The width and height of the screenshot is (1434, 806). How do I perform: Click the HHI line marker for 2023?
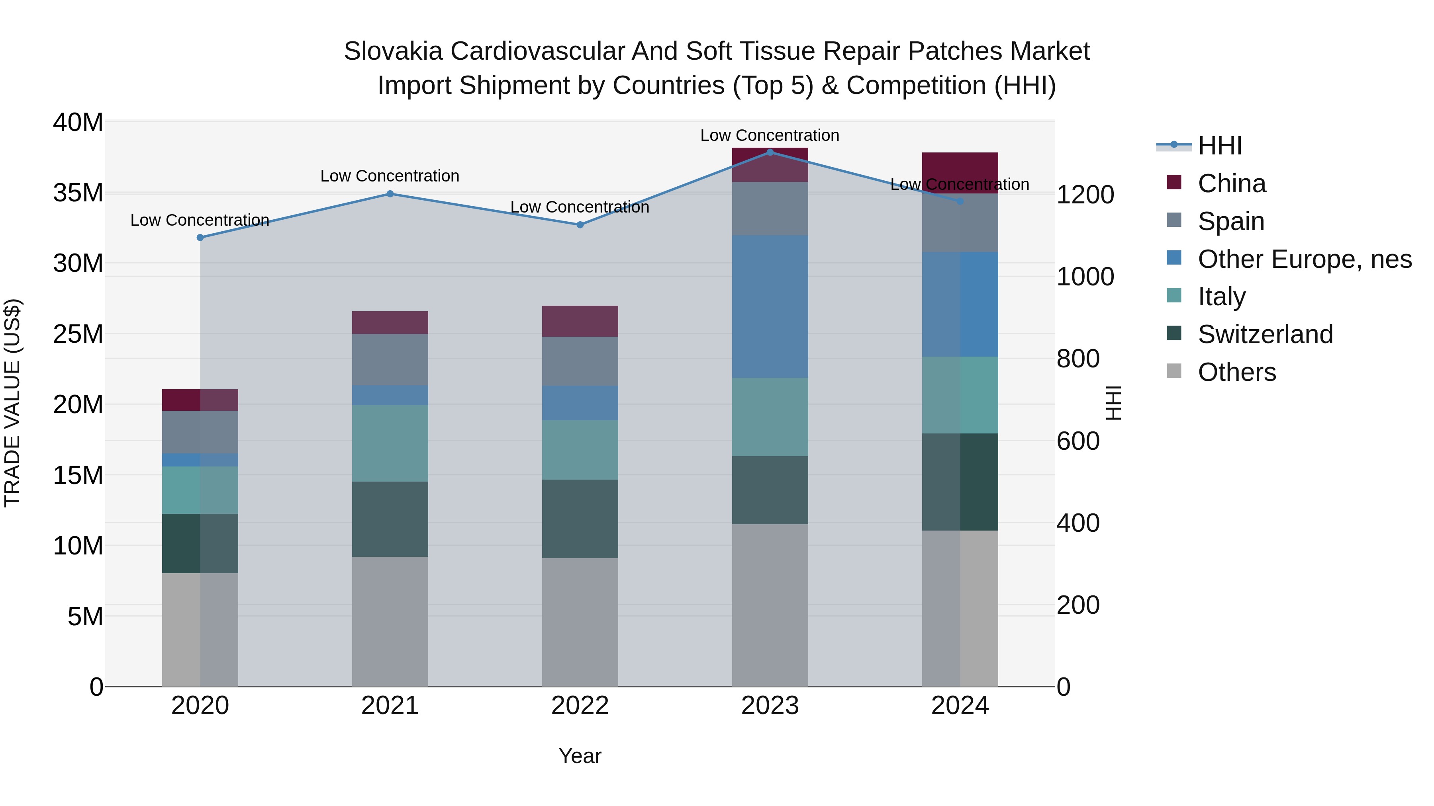[770, 152]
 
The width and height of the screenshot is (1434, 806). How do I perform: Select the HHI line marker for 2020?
[200, 238]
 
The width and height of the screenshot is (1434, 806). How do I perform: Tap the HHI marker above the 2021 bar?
[390, 194]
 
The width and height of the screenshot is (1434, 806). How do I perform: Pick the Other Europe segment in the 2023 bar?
[770, 306]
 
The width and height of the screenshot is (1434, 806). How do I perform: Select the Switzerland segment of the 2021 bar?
[390, 519]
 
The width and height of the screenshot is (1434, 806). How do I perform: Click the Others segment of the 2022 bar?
[580, 622]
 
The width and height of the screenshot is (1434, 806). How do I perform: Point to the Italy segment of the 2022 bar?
[580, 450]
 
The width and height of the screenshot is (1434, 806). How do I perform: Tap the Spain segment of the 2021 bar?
[390, 359]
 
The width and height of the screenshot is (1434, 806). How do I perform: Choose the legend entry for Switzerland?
[1265, 334]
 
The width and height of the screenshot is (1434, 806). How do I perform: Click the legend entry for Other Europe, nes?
[1304, 259]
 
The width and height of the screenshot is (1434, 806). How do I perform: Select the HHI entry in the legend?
[1219, 146]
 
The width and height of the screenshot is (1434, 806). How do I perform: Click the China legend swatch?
[1174, 182]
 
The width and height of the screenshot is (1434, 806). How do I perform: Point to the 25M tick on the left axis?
[78, 334]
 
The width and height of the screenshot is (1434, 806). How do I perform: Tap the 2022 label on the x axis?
[580, 706]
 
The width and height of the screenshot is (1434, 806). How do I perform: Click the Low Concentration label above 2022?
[580, 207]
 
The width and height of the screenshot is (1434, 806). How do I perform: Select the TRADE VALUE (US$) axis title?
[12, 403]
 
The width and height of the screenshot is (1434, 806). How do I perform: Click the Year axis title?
[580, 756]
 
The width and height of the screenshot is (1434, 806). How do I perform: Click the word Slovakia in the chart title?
[393, 51]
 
